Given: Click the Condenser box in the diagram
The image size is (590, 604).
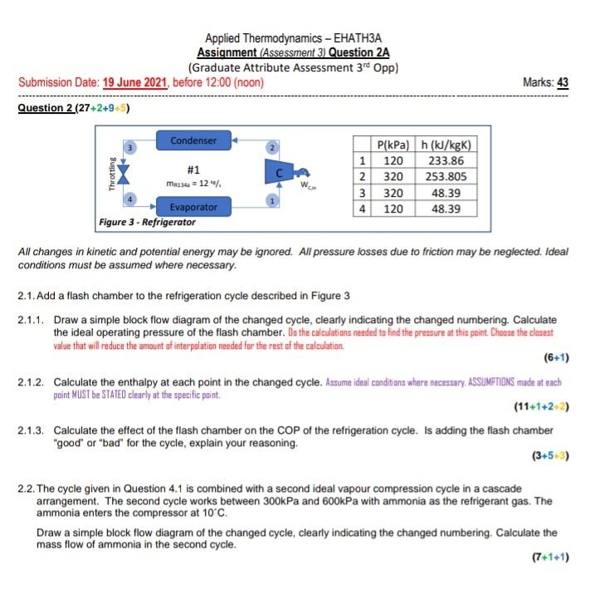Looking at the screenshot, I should click(193, 140).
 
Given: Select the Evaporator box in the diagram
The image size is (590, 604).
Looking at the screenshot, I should click(193, 206).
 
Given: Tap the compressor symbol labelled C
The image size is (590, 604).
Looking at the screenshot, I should click(280, 173).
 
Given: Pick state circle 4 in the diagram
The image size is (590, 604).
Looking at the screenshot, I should click(129, 199).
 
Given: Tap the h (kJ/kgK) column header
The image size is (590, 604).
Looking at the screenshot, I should click(446, 145).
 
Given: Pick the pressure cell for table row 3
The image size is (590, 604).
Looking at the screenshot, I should click(393, 193).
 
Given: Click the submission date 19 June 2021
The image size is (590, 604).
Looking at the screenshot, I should click(135, 83).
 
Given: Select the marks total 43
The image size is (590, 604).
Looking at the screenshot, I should click(563, 83).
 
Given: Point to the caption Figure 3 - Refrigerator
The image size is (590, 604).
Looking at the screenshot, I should click(148, 223).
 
